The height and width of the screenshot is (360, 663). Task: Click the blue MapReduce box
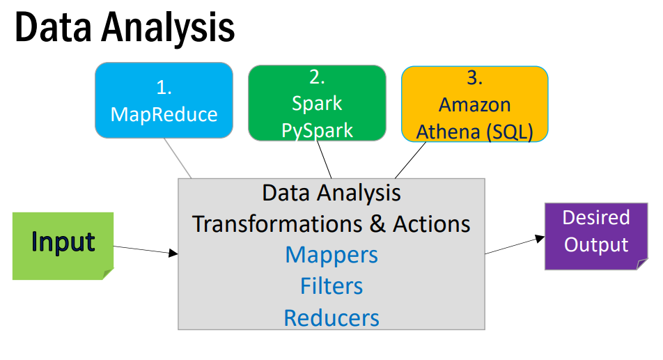coord(164,100)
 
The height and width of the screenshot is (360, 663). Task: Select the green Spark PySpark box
coord(317,102)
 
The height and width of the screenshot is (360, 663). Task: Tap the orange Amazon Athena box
coord(474,104)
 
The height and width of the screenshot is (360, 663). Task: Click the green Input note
coord(63,246)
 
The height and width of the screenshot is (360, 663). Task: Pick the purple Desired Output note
coord(596,236)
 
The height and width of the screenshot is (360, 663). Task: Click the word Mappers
coord(331,256)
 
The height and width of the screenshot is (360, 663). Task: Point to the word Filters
coord(331,286)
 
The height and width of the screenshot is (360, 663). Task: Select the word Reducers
coord(331,318)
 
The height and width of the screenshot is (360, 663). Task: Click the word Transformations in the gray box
coord(277,224)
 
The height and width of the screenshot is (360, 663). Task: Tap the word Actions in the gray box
coord(431,224)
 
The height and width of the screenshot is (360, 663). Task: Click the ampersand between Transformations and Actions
coord(377,224)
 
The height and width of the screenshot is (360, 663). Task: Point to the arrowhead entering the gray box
coord(173,253)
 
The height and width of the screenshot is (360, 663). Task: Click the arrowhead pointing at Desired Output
coord(540,238)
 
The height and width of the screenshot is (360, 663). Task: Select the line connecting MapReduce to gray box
coord(178,158)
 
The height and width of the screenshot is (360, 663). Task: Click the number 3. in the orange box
coord(474,78)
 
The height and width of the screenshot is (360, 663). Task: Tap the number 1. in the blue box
coord(164,88)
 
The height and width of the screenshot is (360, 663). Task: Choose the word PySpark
coord(317,130)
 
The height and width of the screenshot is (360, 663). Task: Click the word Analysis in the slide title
coord(168,28)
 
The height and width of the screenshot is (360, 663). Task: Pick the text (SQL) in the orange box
coord(510,132)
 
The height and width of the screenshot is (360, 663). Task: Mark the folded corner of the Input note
coord(108,274)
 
